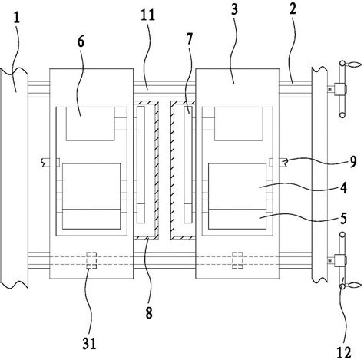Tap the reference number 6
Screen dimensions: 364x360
(81, 41)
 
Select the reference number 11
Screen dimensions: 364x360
(147, 15)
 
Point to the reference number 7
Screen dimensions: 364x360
(189, 39)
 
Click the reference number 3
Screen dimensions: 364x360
(234, 9)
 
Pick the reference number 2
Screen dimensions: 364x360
(293, 8)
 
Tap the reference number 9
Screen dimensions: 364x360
(353, 162)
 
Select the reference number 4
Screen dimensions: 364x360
(343, 188)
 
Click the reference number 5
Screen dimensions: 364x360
(343, 219)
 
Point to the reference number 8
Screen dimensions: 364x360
(149, 312)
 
